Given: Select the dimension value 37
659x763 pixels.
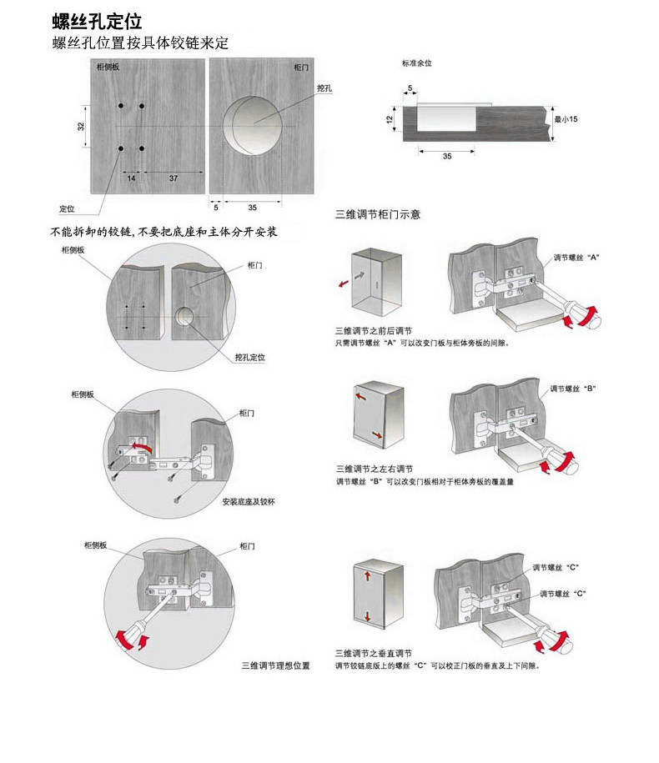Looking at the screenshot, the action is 173,178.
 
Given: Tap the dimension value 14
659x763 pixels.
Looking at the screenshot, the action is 132,178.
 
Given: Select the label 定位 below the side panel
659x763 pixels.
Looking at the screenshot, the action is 67,208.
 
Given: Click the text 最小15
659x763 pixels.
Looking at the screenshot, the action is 566,119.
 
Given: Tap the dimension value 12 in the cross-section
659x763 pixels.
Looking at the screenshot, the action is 390,120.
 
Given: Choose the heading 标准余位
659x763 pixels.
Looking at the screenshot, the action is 416,63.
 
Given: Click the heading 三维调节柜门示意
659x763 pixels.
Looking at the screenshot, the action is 378,214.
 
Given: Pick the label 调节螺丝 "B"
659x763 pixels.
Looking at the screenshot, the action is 572,389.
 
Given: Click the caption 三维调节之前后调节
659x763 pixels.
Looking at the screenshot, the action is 374,331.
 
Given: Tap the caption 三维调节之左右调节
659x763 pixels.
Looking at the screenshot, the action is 374,469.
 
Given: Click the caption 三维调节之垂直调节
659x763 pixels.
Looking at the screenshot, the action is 374,653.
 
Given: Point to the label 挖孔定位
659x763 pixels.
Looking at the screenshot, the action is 249,357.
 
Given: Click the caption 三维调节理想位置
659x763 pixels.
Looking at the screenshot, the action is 276,665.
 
